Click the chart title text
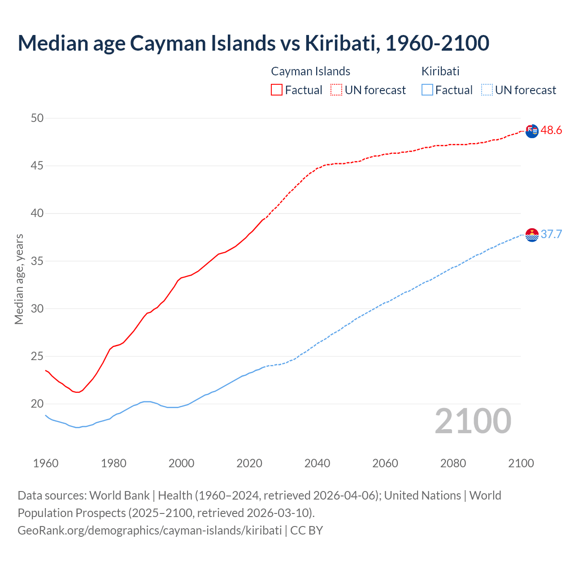[253, 43]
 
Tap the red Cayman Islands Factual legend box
[277, 90]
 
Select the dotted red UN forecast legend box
[336, 90]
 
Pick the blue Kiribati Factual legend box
[427, 90]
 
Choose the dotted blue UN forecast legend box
[487, 90]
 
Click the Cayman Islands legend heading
[310, 71]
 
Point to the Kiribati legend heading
[440, 71]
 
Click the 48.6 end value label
[551, 130]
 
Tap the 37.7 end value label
[551, 235]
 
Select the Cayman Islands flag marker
[532, 131]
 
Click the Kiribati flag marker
[532, 235]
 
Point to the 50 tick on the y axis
[37, 118]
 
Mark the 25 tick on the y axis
[37, 357]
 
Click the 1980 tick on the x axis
[113, 463]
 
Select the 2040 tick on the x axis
[317, 463]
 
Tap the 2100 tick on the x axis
[521, 463]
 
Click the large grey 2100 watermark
[473, 421]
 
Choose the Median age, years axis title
[19, 279]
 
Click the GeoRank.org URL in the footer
[150, 531]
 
